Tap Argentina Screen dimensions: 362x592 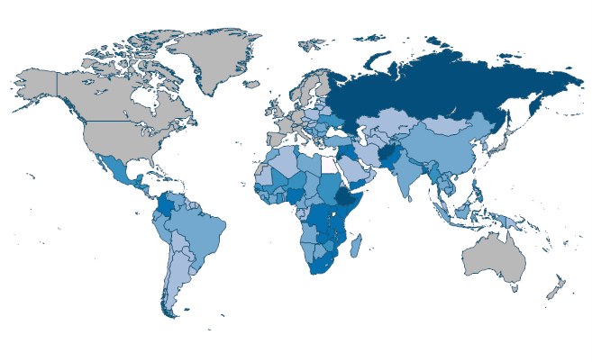click(176, 279)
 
